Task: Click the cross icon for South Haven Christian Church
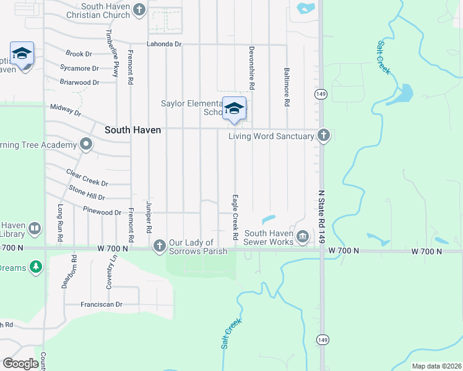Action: (139, 10)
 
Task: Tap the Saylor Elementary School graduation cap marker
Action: (234, 109)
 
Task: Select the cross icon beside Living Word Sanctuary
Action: (323, 135)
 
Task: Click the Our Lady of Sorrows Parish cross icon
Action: (159, 246)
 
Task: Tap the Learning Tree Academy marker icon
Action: (86, 145)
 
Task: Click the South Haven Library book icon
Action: (35, 229)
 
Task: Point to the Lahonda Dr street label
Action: (164, 45)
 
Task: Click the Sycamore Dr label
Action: (79, 68)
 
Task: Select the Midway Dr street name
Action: (66, 110)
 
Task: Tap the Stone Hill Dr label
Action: (87, 192)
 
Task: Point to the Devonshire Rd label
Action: (252, 66)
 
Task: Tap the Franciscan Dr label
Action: (102, 304)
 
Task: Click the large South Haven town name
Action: (132, 130)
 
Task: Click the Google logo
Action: (20, 363)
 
